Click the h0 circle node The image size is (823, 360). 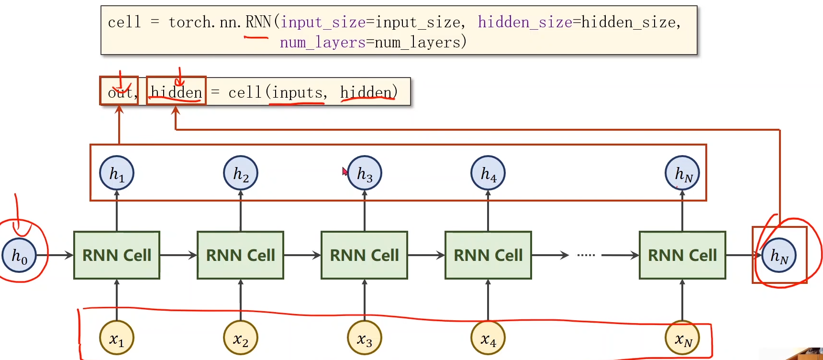tap(19, 255)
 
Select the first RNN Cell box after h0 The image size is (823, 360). tap(117, 255)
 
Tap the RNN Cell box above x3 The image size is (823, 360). tap(364, 255)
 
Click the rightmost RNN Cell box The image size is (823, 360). tap(682, 255)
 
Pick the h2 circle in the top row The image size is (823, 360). tap(241, 173)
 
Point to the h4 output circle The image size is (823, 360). tap(488, 173)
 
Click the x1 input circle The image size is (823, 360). tap(117, 338)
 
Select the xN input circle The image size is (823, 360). tap(682, 338)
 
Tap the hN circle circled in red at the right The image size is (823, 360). tap(779, 255)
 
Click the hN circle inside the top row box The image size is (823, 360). tap(682, 173)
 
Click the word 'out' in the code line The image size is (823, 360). tap(119, 92)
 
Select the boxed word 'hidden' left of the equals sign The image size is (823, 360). tap(176, 92)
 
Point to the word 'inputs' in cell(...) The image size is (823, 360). tap(297, 92)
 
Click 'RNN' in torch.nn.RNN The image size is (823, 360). tap(258, 22)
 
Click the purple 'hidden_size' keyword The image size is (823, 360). tap(524, 22)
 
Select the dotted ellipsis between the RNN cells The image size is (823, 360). tap(586, 255)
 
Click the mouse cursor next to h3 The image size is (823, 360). tap(345, 171)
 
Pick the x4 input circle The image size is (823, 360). tap(488, 338)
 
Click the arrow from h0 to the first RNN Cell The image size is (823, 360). tap(55, 255)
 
